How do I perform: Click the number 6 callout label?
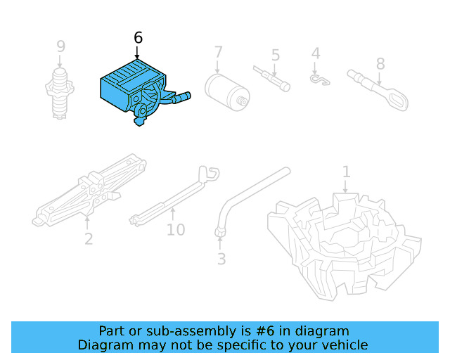click(137, 38)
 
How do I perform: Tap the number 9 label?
click(61, 46)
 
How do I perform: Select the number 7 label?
click(219, 52)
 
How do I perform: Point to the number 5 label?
click(276, 54)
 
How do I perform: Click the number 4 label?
click(316, 53)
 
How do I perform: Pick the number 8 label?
click(380, 64)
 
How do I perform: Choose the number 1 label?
click(346, 172)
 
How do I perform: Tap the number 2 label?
click(89, 239)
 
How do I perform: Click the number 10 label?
click(176, 229)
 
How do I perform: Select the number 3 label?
click(221, 259)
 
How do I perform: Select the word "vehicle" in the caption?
click(343, 345)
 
